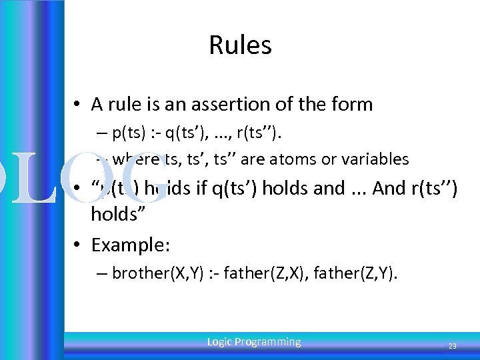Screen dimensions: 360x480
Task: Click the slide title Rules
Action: coord(240,45)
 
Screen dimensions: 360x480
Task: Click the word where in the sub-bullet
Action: coord(132,159)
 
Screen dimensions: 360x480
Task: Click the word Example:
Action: coord(131,245)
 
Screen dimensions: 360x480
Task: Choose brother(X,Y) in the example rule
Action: coord(149,273)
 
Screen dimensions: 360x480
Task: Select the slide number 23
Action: coord(452,346)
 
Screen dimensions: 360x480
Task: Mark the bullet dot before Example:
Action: coord(78,246)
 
